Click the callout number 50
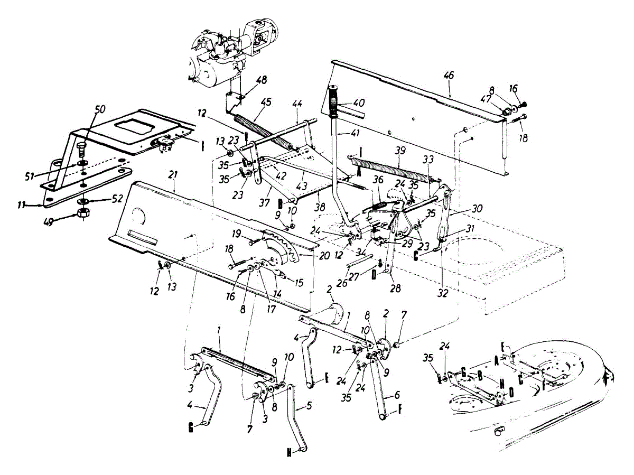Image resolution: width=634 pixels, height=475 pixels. [x=100, y=109]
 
